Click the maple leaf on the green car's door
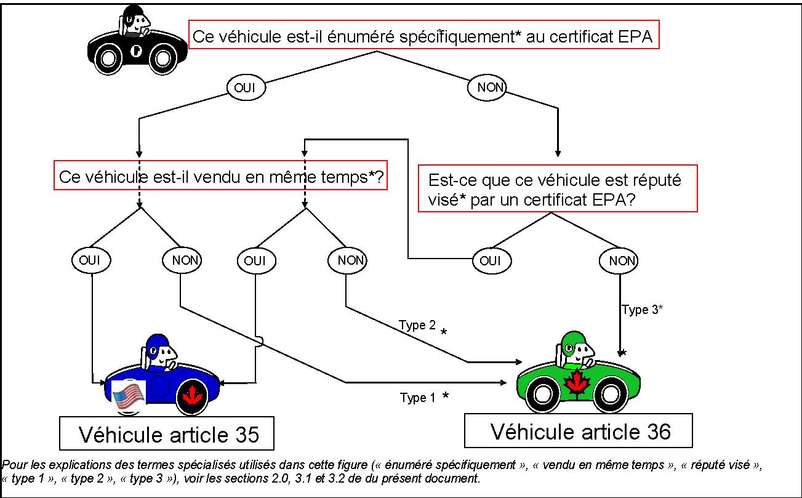(x=577, y=383)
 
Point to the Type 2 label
(x=417, y=325)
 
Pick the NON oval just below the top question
(x=491, y=88)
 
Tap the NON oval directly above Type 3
(x=619, y=261)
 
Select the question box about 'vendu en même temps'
(x=223, y=177)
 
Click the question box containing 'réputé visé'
(x=557, y=188)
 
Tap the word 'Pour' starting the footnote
(x=14, y=465)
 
